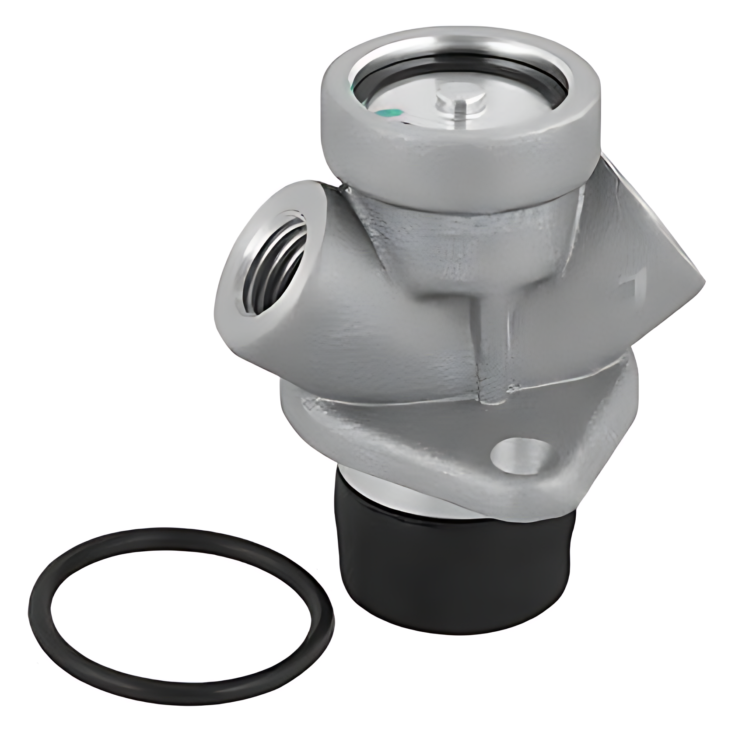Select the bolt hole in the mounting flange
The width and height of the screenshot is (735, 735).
tap(519, 455)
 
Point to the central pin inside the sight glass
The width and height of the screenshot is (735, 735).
tap(459, 105)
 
